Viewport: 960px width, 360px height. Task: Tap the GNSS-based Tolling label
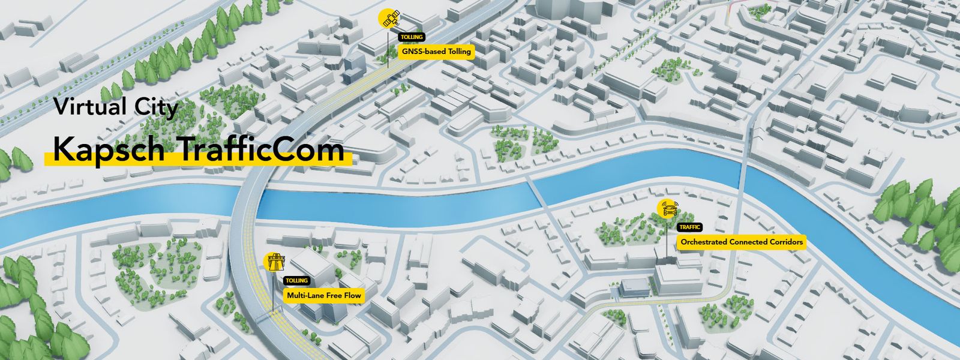(x=437, y=52)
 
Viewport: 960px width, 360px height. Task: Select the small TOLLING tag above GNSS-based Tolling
(x=411, y=37)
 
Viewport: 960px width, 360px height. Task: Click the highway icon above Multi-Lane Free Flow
(x=275, y=262)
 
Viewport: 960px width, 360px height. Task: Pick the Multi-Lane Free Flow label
(x=325, y=295)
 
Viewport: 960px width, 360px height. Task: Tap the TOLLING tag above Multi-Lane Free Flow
(x=296, y=281)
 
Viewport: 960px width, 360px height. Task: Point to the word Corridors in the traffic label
(x=783, y=242)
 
